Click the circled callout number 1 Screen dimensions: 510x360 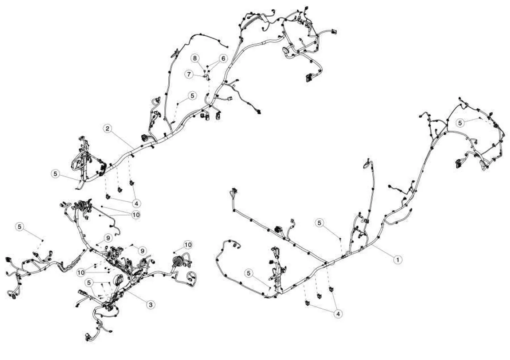pos(398,260)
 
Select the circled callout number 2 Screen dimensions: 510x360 pos(107,128)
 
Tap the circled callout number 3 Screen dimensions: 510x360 pos(150,304)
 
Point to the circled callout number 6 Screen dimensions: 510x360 pos(223,59)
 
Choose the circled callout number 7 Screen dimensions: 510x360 pos(189,74)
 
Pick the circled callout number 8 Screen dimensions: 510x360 pos(195,58)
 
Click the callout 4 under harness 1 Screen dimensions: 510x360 pos(338,314)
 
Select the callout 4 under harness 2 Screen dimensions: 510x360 pos(136,204)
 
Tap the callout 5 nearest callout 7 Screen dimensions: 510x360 pos(192,96)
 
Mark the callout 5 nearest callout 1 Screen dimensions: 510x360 pos(319,223)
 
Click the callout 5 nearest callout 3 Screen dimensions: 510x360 pos(89,283)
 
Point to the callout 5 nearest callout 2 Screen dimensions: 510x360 pos(55,174)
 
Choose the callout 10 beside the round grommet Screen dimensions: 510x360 pos(188,245)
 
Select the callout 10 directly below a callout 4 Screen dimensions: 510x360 pos(136,215)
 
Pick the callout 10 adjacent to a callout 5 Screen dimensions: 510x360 pos(81,272)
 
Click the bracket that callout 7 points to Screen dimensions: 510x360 pos(208,77)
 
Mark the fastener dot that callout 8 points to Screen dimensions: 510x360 pos(204,72)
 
